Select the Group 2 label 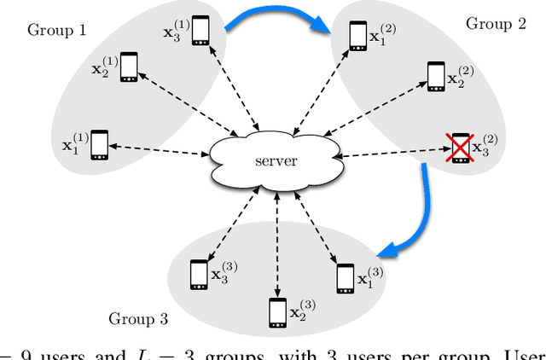(x=495, y=23)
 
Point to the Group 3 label (x=137, y=319)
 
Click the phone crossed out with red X (x=461, y=148)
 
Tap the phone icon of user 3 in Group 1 (x=200, y=31)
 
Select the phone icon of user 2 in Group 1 (x=129, y=67)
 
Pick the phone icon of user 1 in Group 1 (x=100, y=144)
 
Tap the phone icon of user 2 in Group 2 (x=435, y=76)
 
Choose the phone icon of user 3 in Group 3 (x=198, y=274)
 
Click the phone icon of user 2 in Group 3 (x=277, y=313)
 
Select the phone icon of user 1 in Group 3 (x=345, y=278)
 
